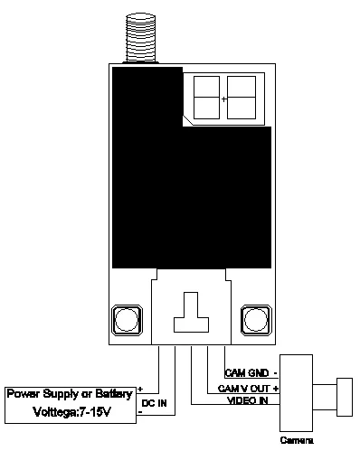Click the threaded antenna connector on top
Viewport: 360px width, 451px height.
click(141, 38)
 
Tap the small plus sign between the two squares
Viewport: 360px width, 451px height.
click(223, 99)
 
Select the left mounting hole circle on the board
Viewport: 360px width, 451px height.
click(127, 320)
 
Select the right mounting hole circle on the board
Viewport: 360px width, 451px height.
click(256, 320)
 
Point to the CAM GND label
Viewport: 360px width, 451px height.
click(247, 373)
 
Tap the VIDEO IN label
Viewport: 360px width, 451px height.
click(248, 400)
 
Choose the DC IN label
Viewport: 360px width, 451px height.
click(154, 403)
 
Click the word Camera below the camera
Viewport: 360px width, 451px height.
click(297, 440)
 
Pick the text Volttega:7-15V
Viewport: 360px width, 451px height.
click(71, 412)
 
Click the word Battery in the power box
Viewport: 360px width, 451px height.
click(114, 394)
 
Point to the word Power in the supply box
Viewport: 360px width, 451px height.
click(24, 393)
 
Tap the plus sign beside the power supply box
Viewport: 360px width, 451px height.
click(140, 390)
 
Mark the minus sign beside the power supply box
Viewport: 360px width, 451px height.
click(140, 412)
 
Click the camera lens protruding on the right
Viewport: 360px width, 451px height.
click(345, 397)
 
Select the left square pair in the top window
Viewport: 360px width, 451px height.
click(206, 98)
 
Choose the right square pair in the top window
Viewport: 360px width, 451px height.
click(242, 98)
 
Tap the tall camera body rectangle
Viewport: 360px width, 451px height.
click(296, 393)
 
